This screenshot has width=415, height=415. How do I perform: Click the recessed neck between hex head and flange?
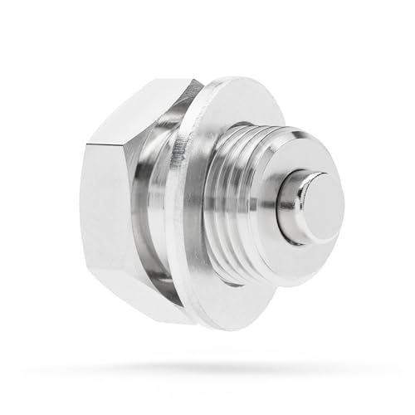(162, 207)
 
